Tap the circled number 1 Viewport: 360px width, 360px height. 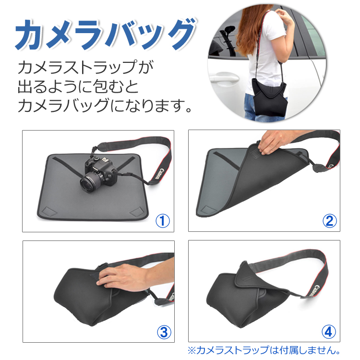pyautogui.click(x=163, y=221)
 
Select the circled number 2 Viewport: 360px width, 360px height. pyautogui.click(x=329, y=221)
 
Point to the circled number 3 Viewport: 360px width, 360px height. pyautogui.click(x=164, y=332)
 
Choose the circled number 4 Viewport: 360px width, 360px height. pyautogui.click(x=329, y=332)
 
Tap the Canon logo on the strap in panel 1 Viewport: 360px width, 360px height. pyautogui.click(x=158, y=174)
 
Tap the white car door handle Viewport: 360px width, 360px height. pyautogui.click(x=223, y=78)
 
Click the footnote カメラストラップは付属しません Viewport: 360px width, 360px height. pyautogui.click(x=264, y=350)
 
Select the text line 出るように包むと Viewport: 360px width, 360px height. pyautogui.click(x=78, y=86)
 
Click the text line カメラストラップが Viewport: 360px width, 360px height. pyautogui.click(x=85, y=67)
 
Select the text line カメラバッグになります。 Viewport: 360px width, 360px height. pyautogui.click(x=105, y=106)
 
